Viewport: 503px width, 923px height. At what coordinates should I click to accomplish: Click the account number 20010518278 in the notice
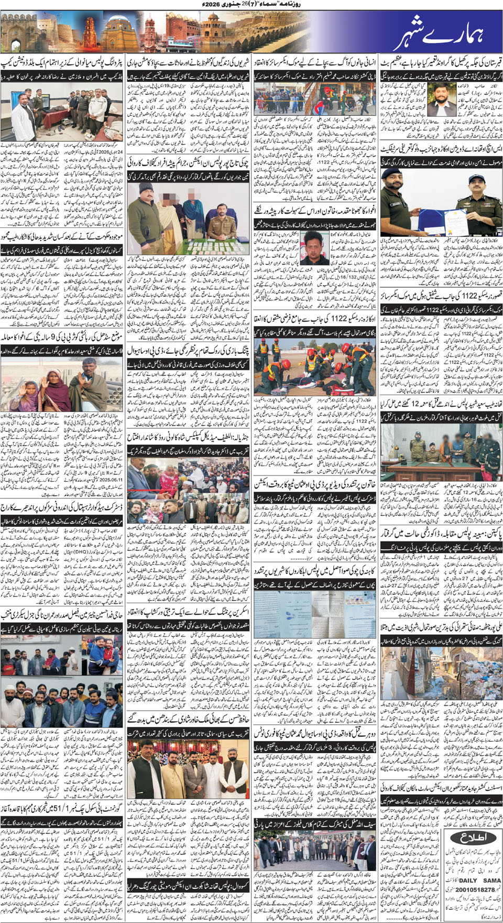[475, 890]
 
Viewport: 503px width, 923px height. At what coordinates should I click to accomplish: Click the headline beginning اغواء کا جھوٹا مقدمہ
[314, 210]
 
